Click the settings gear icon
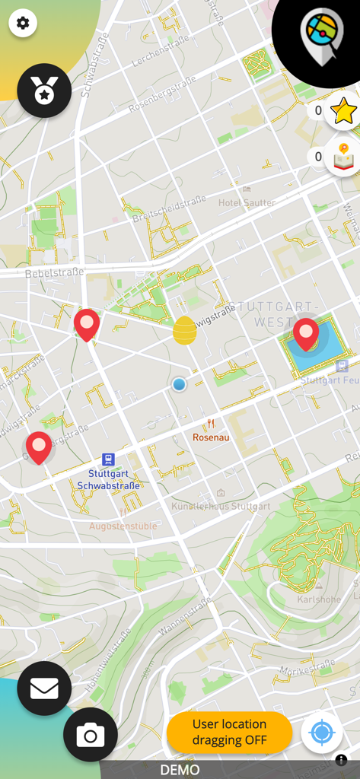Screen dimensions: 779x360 click(x=23, y=23)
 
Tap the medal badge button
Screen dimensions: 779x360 click(x=44, y=91)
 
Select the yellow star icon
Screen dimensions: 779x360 click(x=343, y=112)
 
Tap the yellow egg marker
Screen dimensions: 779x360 click(x=184, y=330)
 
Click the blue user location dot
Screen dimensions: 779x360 click(x=179, y=385)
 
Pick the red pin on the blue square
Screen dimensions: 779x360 click(x=306, y=334)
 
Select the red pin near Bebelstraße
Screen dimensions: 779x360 click(x=87, y=324)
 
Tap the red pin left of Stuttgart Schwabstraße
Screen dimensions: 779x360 click(x=39, y=447)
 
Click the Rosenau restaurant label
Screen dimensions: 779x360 click(x=211, y=437)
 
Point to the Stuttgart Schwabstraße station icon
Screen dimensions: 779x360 click(x=108, y=459)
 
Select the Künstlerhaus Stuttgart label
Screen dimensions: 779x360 click(x=221, y=506)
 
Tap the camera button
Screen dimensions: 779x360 click(x=91, y=735)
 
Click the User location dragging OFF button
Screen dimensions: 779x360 click(x=229, y=732)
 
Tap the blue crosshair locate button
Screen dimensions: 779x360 click(x=321, y=733)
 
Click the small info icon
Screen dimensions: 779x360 click(x=341, y=760)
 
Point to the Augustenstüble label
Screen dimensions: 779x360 click(x=123, y=526)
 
